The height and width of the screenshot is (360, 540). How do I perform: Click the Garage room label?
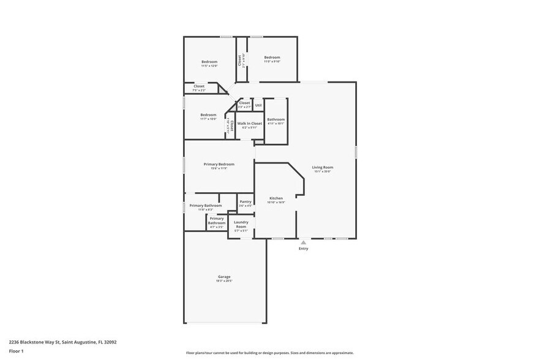(x=224, y=277)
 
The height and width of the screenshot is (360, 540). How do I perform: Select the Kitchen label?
(x=276, y=198)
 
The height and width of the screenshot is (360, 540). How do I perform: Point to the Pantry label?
(x=246, y=202)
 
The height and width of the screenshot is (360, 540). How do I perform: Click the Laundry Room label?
(x=241, y=225)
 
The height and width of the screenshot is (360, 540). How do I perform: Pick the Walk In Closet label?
(x=250, y=123)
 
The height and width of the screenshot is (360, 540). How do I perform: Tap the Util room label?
(x=258, y=105)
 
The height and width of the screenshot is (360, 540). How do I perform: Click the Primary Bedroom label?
(x=219, y=164)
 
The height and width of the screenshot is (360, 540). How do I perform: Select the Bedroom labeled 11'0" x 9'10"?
(x=272, y=58)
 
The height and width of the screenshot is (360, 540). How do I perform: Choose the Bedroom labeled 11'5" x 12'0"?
(x=209, y=61)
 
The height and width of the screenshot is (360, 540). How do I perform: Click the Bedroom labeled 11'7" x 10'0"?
(x=208, y=114)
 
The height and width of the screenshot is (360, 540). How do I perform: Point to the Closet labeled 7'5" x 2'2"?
(x=199, y=86)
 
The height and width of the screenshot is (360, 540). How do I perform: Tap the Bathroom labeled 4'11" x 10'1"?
(x=276, y=119)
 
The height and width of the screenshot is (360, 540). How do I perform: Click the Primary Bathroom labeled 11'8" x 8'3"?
(x=205, y=206)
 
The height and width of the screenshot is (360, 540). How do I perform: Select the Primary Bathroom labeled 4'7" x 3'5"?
(x=217, y=220)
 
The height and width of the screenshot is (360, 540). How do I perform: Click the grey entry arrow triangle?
(x=303, y=242)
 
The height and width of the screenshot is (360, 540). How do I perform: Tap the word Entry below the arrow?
(x=303, y=249)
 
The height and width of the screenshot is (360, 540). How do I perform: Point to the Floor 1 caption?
(x=16, y=351)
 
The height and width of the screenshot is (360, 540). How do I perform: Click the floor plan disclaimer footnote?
(x=269, y=353)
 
